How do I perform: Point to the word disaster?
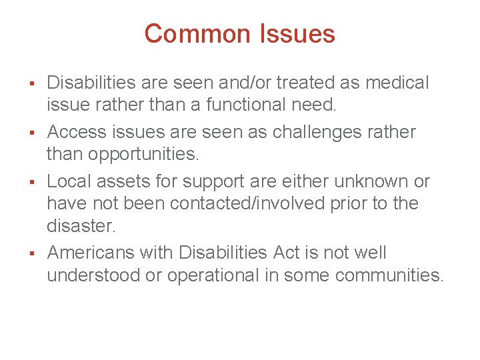[x=80, y=226]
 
